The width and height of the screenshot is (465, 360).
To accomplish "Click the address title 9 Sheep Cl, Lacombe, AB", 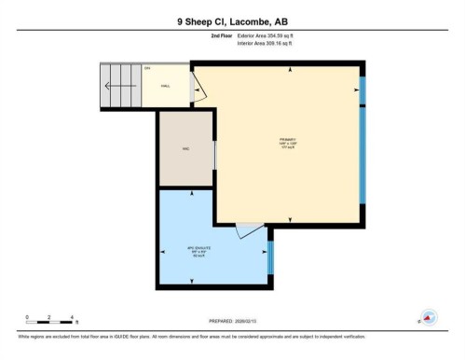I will click(232, 21).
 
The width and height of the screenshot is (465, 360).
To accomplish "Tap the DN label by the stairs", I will click(147, 68).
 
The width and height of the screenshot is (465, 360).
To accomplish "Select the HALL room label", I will click(166, 85).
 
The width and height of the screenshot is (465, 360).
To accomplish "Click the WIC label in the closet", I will click(185, 148).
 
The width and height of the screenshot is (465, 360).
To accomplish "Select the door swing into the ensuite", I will click(248, 229).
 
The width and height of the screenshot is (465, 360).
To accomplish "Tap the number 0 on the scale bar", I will click(27, 317).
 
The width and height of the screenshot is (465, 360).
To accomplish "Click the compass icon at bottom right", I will click(429, 317).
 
